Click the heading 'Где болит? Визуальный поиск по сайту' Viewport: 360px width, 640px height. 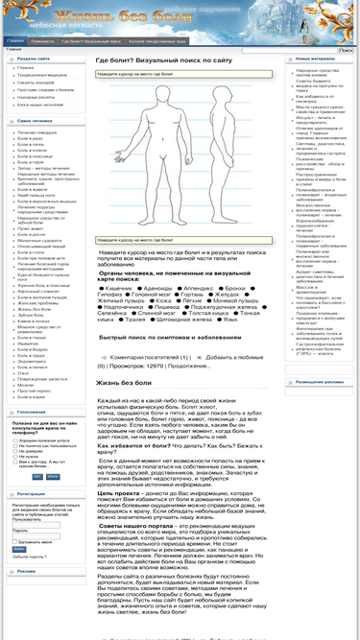point(163,59)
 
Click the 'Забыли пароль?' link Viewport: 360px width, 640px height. point(29,556)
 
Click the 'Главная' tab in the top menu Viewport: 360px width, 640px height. point(15,41)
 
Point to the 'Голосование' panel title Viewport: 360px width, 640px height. point(33,412)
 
